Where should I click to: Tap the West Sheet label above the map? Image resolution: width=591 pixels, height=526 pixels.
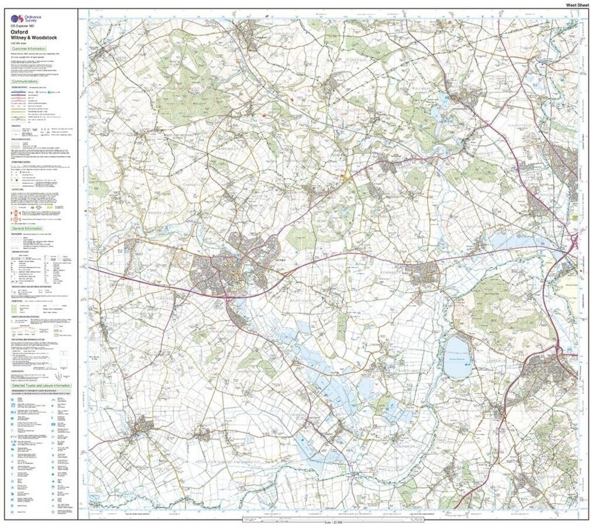(x=576, y=5)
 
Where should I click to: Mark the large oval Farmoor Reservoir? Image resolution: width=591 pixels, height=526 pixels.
(x=457, y=356)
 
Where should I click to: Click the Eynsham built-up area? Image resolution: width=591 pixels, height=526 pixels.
(x=425, y=273)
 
